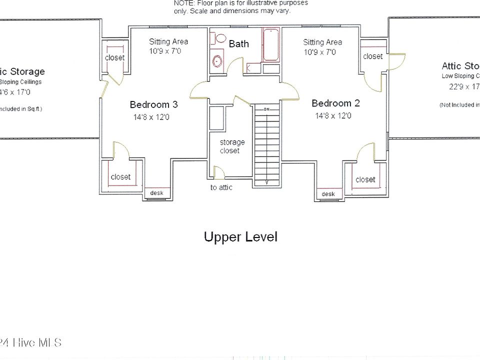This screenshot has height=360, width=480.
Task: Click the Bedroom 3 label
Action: pyautogui.click(x=153, y=104)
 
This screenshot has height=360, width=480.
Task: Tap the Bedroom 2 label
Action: pyautogui.click(x=335, y=103)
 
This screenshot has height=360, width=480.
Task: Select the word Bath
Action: pyautogui.click(x=239, y=44)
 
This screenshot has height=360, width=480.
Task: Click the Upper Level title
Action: pyautogui.click(x=240, y=236)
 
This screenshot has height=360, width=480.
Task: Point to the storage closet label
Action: pyautogui.click(x=229, y=146)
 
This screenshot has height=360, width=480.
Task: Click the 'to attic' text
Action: pyautogui.click(x=221, y=187)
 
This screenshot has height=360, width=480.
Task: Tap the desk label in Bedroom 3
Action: pyautogui.click(x=156, y=193)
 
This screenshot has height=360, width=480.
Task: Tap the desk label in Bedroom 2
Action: pyautogui.click(x=328, y=194)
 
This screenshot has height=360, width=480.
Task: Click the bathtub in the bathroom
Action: pyautogui.click(x=270, y=45)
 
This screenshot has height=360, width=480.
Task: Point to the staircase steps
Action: pyautogui.click(x=266, y=145)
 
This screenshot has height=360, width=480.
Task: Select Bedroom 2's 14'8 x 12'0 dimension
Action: pyautogui.click(x=333, y=115)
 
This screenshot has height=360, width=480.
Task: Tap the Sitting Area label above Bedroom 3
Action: pyautogui.click(x=168, y=41)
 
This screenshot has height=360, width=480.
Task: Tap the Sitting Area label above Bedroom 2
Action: pyautogui.click(x=322, y=42)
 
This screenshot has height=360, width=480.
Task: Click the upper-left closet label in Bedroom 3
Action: pyautogui.click(x=114, y=57)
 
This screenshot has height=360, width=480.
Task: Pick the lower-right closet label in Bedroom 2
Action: pyautogui.click(x=365, y=179)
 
